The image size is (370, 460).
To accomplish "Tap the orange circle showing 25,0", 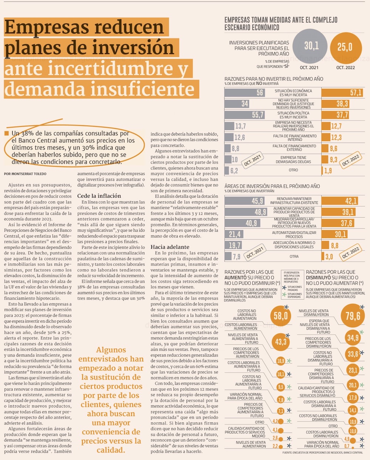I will [x=345, y=47].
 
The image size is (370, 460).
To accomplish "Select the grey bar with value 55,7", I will [x=245, y=115].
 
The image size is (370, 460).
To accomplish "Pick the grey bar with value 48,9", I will [x=246, y=212].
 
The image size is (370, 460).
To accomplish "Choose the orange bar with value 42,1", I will [x=340, y=201].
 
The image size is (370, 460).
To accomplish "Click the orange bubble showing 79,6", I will [x=353, y=316].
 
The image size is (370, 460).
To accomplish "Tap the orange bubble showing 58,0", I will [x=280, y=316].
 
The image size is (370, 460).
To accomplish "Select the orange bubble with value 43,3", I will [x=281, y=342].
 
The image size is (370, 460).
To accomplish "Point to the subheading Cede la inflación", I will [x=99, y=196].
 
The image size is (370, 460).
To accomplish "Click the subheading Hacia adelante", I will [x=169, y=247].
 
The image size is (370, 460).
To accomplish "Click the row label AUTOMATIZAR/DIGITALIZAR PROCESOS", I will [x=294, y=235].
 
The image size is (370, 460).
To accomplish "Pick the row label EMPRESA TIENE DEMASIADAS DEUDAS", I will [x=293, y=160].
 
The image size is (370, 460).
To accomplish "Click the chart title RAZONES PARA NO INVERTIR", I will [x=274, y=79].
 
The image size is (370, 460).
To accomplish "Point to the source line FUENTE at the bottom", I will [x=322, y=453].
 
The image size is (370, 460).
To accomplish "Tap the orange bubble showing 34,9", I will [x=353, y=338].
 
